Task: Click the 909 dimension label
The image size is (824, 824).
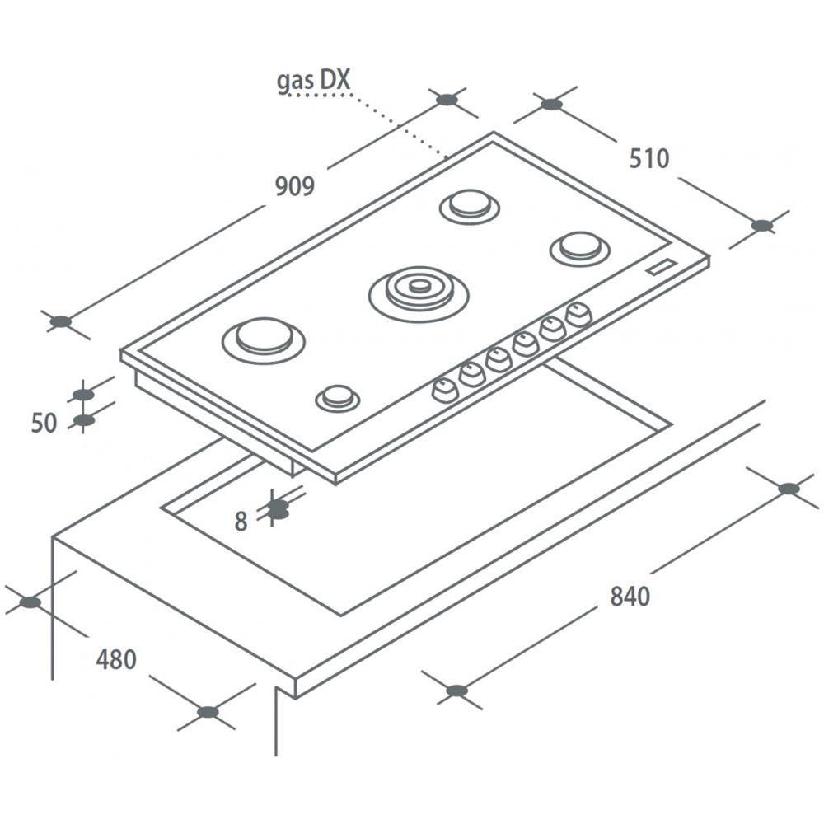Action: (x=294, y=187)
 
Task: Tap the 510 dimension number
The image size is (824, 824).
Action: (x=649, y=158)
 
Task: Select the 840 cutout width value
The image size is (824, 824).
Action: (x=630, y=596)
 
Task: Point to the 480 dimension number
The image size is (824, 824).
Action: (x=116, y=659)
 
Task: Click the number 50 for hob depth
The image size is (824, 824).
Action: (x=44, y=424)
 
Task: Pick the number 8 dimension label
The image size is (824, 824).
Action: (x=241, y=522)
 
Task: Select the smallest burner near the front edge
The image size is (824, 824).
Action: (x=337, y=398)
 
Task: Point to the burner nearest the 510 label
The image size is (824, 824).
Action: (x=580, y=246)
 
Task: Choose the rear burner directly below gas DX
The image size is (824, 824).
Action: (x=470, y=205)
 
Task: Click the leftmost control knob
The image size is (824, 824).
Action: (x=444, y=390)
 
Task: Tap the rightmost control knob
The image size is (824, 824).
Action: (x=579, y=314)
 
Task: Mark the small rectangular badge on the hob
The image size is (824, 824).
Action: (x=661, y=267)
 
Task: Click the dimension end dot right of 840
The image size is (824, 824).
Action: (x=789, y=489)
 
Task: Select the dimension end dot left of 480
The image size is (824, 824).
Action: (x=30, y=602)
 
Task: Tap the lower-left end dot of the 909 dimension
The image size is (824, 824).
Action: (x=60, y=321)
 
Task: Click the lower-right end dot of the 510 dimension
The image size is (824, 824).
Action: (x=762, y=225)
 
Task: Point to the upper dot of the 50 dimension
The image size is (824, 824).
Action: (x=83, y=395)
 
